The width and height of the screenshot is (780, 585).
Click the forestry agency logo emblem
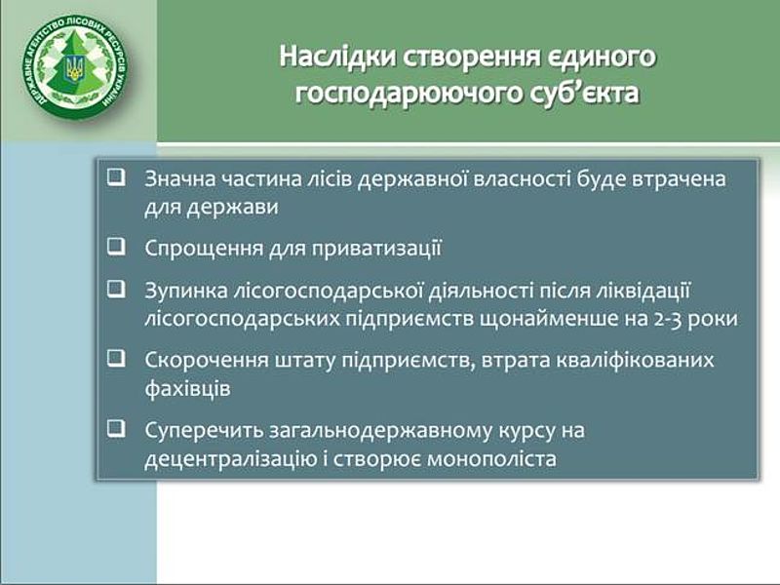(x=76, y=66)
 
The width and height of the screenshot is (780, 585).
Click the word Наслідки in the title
(x=337, y=57)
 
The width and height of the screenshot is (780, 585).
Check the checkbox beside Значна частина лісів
(x=116, y=176)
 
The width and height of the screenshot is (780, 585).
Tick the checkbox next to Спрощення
(x=116, y=246)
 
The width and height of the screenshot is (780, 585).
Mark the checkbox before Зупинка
(x=116, y=289)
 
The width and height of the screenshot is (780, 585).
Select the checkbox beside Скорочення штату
(x=116, y=358)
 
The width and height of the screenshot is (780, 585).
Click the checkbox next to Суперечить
(x=116, y=428)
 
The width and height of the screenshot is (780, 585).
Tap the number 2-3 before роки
(x=667, y=319)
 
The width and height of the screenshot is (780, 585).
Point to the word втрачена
(x=679, y=179)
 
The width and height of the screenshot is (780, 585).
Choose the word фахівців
(x=187, y=388)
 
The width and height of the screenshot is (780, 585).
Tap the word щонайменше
(x=548, y=319)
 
